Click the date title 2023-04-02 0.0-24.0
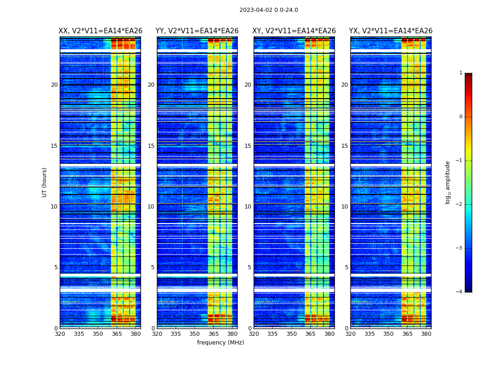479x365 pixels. pos(269,10)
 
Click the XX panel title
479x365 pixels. pos(100,31)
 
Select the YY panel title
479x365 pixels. pos(197,31)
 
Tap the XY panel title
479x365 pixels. pos(294,31)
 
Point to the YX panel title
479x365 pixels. pos(391,31)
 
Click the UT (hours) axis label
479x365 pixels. pos(45,182)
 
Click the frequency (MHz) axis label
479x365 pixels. pos(220,343)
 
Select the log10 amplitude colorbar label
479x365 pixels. pos(448,182)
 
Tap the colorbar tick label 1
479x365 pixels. pos(461,73)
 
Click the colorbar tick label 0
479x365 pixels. pos(461,117)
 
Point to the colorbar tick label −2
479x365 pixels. pos(460,204)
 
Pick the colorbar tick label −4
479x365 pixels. pos(460,292)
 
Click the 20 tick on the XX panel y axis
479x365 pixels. pos(54,85)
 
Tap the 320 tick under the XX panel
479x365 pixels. pos(60,334)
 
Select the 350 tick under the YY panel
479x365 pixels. pos(195,334)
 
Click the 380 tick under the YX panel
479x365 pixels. pos(426,334)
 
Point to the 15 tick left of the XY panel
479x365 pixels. pos(248,146)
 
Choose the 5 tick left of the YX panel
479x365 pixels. pos(346,267)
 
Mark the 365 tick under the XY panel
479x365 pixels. pos(310,334)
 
